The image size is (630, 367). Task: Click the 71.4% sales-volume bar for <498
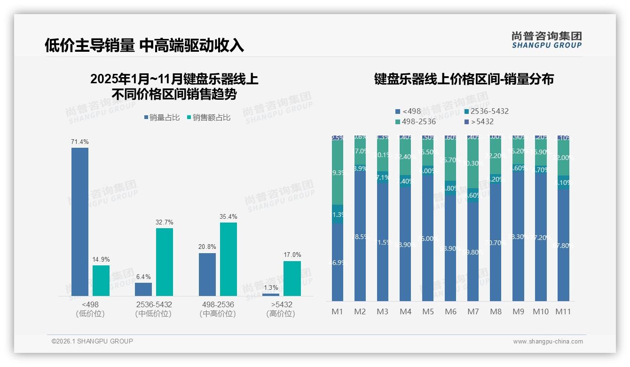point(80,221)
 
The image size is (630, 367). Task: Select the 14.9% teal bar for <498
point(101,280)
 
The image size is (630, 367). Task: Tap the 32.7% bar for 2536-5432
point(165,262)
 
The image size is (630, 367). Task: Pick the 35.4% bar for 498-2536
point(228,259)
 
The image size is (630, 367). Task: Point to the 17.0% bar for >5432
point(292,278)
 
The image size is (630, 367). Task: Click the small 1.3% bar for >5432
point(271,295)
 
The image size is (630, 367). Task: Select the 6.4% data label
point(143,277)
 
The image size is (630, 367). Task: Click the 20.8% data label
point(207,247)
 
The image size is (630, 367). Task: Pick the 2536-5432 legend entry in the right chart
point(486,112)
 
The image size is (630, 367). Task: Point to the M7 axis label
point(473,311)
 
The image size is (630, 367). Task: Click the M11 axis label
point(563,311)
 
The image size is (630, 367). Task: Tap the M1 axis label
point(338,311)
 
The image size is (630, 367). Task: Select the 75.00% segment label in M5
point(428,239)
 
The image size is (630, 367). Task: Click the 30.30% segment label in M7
point(473,163)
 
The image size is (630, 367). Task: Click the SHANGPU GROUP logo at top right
point(547,40)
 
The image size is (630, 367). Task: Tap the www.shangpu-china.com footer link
point(548,342)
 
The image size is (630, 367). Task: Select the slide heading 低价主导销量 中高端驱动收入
point(144,45)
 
